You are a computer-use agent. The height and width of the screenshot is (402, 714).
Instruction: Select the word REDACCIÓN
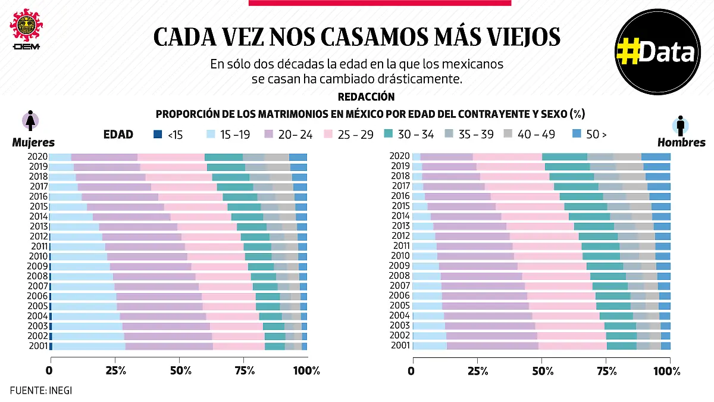[366, 96]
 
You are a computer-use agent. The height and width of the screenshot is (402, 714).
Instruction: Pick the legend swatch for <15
[158, 135]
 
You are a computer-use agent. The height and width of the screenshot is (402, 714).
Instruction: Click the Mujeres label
[33, 142]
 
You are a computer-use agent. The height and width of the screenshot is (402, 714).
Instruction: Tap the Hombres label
[681, 142]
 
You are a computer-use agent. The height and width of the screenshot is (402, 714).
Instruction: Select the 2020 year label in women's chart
[39, 157]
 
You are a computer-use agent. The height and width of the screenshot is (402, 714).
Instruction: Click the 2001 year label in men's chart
[400, 345]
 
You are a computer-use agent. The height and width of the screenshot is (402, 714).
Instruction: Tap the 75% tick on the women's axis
[244, 370]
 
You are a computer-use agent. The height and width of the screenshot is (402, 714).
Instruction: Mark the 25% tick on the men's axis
[475, 370]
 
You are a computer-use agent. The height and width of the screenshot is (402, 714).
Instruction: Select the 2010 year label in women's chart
[39, 256]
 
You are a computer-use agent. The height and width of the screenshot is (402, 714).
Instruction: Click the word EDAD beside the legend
[118, 135]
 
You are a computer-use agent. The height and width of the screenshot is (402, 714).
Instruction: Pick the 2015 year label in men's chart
[400, 206]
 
